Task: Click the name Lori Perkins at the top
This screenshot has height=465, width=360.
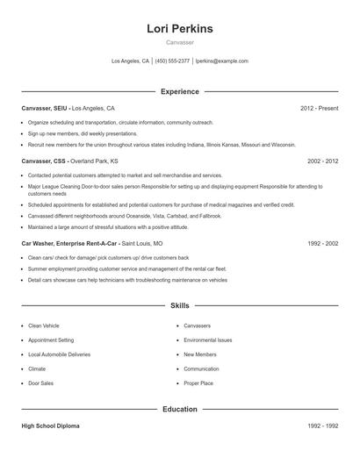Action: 180,29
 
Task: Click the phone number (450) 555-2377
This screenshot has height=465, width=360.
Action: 172,61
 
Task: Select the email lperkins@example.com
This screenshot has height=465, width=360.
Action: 221,61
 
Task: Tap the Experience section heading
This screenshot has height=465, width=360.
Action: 180,91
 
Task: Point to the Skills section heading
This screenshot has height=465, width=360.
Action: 180,305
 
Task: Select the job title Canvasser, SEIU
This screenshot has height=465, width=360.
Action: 44,108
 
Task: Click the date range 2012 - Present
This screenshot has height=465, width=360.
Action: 319,108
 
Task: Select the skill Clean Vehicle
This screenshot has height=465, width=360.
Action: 44,325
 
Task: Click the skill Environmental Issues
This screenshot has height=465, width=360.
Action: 208,340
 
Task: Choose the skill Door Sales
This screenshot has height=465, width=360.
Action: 40,383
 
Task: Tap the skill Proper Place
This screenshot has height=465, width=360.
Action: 198,383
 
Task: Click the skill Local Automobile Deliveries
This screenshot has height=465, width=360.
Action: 58,354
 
